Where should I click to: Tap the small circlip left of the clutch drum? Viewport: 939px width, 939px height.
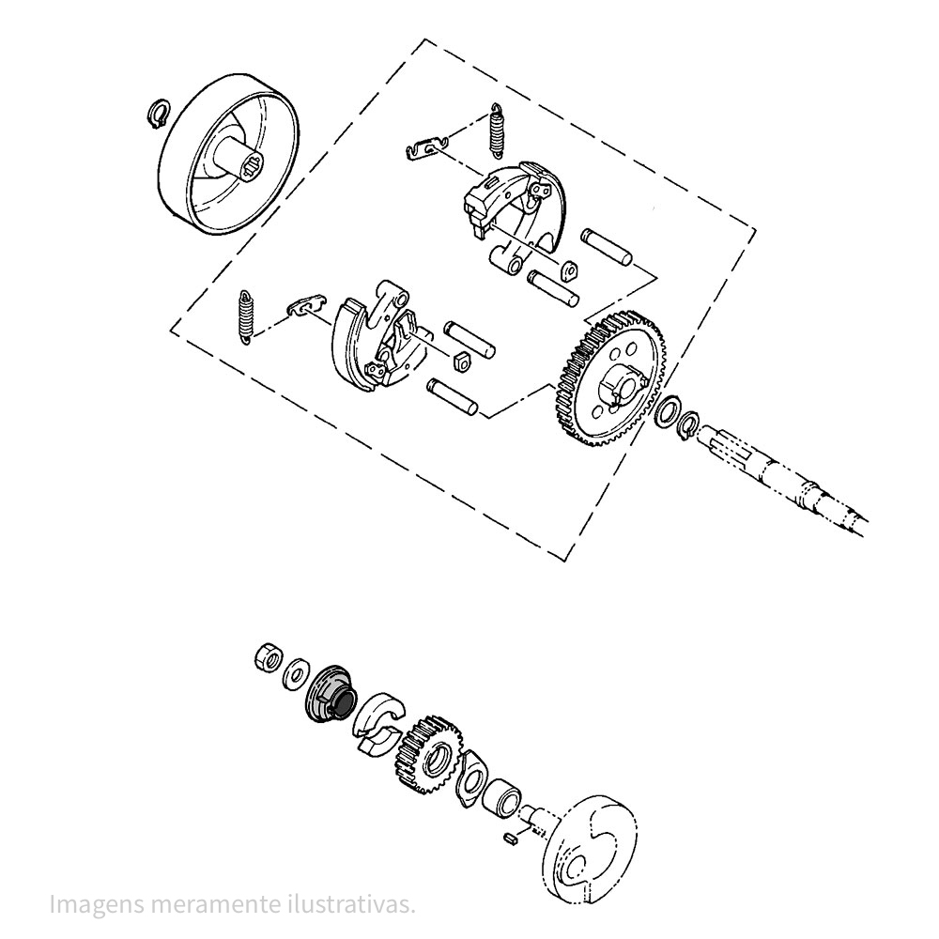click(x=158, y=113)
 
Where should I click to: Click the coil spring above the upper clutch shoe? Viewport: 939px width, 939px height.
click(x=497, y=130)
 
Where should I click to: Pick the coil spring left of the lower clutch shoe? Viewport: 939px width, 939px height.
click(x=245, y=317)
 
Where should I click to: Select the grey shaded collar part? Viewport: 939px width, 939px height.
click(x=331, y=694)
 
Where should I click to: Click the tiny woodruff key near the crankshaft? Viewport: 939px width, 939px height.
click(x=511, y=839)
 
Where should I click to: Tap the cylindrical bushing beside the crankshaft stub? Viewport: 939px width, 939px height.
click(x=501, y=797)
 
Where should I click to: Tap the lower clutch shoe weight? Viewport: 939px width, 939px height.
click(x=377, y=335)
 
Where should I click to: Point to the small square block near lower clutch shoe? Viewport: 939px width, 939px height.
click(x=461, y=362)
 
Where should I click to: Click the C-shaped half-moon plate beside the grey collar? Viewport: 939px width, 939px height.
click(x=378, y=725)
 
